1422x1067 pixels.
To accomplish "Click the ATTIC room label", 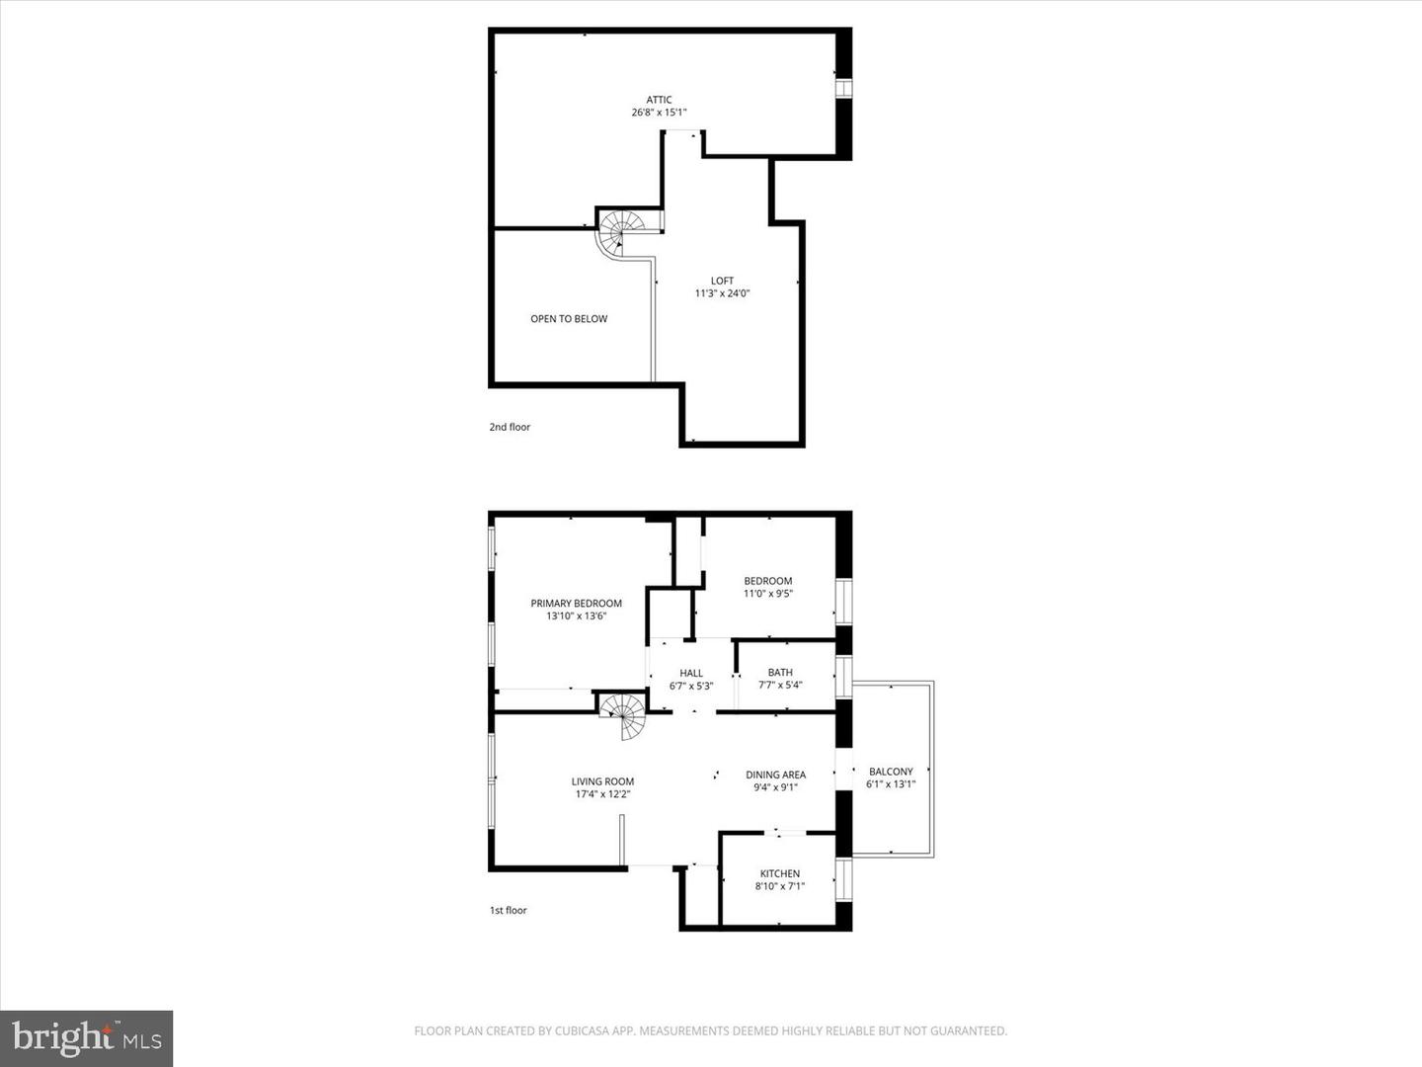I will click(659, 99).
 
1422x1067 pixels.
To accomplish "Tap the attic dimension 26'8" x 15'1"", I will click(659, 113).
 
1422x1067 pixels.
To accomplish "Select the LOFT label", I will click(722, 281).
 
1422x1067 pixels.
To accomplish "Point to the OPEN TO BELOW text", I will click(569, 318).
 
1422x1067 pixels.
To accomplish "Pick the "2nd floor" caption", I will click(510, 427).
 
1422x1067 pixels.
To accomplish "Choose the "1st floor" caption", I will click(509, 910).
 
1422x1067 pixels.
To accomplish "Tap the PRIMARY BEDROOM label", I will click(576, 603).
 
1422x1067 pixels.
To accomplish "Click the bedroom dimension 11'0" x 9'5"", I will click(767, 594).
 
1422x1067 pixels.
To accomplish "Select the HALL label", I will click(691, 673).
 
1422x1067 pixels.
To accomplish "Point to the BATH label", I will click(780, 672).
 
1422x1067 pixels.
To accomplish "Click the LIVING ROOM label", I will click(602, 780).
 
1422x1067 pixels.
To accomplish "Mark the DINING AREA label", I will click(775, 775).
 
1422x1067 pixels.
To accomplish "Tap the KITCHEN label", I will click(779, 873).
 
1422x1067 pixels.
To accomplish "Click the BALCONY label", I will click(891, 772).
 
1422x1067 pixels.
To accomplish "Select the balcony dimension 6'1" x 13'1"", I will click(891, 784).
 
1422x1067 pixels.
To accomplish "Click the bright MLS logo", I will click(87, 1037).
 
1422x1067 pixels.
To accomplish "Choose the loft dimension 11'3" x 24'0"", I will click(722, 293).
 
